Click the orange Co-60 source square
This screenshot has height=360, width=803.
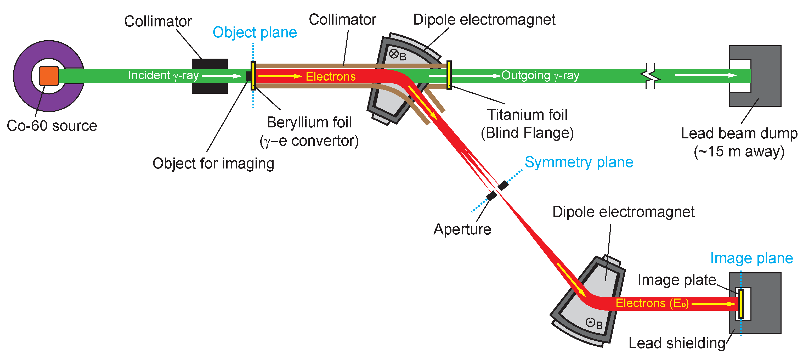pyautogui.click(x=49, y=76)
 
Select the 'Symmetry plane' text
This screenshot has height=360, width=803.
pyautogui.click(x=579, y=162)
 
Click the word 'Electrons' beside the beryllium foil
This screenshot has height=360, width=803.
pyautogui.click(x=330, y=76)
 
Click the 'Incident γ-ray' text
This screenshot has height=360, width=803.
pyautogui.click(x=163, y=75)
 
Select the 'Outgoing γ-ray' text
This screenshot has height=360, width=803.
pyautogui.click(x=540, y=75)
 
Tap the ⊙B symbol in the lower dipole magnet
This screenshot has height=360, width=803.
pyautogui.click(x=593, y=323)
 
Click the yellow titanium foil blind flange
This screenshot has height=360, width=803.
pyautogui.click(x=449, y=75)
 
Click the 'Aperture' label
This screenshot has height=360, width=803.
pyautogui.click(x=462, y=229)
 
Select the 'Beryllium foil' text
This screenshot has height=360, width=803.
pyautogui.click(x=309, y=122)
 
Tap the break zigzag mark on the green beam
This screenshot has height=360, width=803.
pyautogui.click(x=650, y=76)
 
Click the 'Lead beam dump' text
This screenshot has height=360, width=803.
pyautogui.click(x=739, y=134)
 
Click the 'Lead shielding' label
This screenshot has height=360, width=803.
pyautogui.click(x=676, y=343)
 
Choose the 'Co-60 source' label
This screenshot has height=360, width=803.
pyautogui.click(x=52, y=126)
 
